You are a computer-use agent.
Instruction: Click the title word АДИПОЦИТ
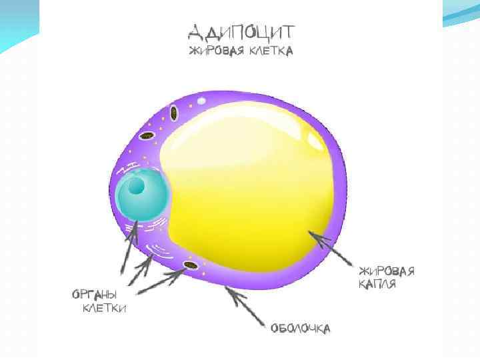tap(241, 31)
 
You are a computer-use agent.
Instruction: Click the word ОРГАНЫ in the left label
tap(95, 294)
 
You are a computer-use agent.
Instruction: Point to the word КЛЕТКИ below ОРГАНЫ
tap(105, 308)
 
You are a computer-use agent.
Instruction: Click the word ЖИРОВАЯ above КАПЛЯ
tap(387, 271)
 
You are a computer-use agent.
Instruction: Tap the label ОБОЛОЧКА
tap(300, 328)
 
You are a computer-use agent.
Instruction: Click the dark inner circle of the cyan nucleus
tap(137, 185)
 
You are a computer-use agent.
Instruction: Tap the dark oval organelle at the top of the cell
tap(174, 113)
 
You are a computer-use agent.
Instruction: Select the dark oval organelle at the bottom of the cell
tap(191, 267)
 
